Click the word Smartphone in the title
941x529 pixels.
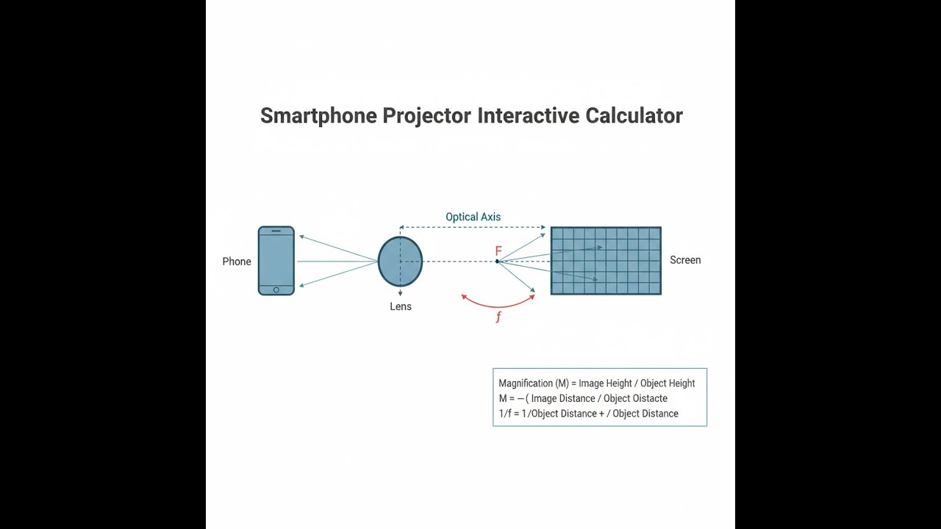(318, 116)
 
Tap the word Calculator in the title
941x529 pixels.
(634, 115)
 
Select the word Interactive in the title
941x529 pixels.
(529, 115)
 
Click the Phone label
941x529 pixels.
(237, 262)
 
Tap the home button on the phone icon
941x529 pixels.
(276, 289)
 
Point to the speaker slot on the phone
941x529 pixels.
(276, 231)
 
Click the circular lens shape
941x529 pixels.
(401, 262)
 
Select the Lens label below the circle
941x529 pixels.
(401, 306)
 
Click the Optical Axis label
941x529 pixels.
(473, 217)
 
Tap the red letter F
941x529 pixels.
(498, 251)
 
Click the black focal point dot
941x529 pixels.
(497, 261)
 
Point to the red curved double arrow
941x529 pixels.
(498, 306)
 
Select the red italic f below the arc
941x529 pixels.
(498, 317)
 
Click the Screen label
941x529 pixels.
(685, 260)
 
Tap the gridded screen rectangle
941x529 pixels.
(606, 261)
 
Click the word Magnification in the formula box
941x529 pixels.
(526, 384)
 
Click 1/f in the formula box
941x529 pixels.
(505, 414)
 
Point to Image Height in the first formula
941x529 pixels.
(605, 384)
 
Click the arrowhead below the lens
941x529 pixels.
(400, 293)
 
